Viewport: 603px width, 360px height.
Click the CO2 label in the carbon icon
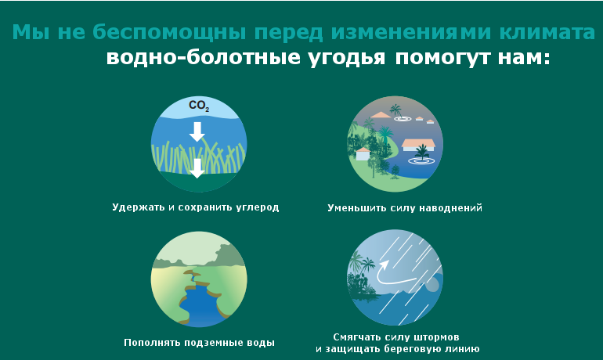[199, 106]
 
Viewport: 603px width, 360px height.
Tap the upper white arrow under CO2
[197, 131]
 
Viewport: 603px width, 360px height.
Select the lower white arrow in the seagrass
[197, 168]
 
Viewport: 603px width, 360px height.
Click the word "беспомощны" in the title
[169, 32]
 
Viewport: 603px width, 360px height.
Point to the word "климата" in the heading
[547, 32]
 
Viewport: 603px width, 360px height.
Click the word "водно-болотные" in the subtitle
[203, 58]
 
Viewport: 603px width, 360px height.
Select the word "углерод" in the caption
[258, 207]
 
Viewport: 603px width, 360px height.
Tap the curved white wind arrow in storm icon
[394, 274]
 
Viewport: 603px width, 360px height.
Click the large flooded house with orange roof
[418, 146]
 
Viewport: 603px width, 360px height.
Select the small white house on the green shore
[363, 153]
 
